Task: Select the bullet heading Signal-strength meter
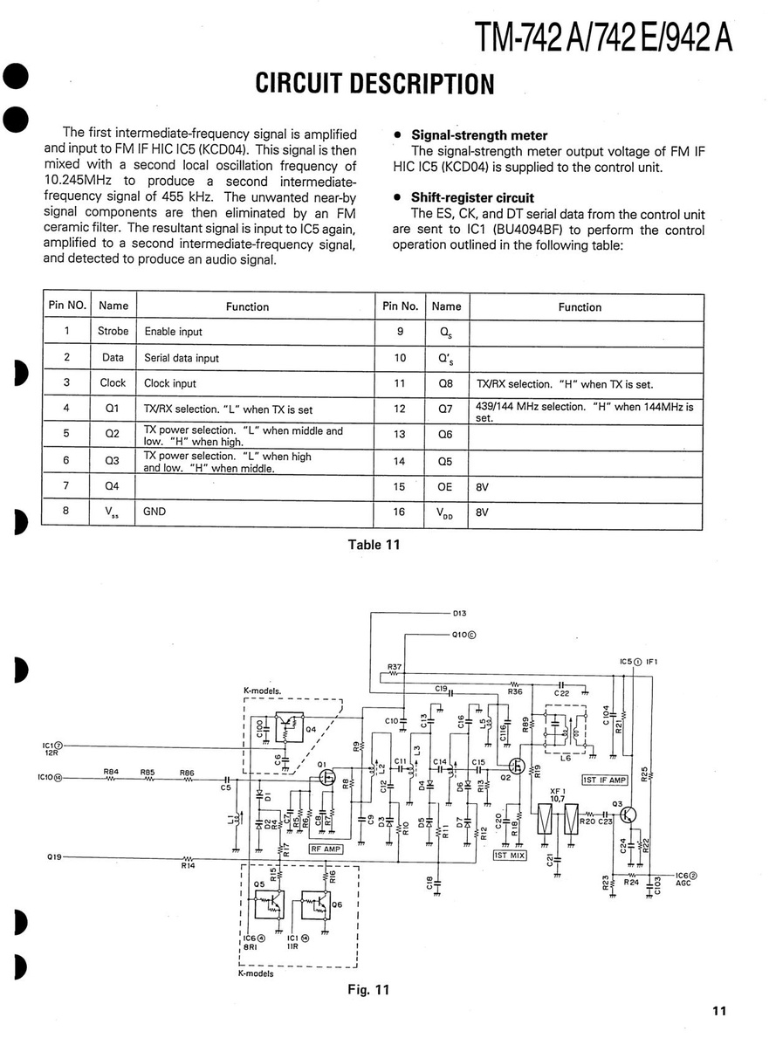[479, 135]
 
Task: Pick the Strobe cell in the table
[113, 332]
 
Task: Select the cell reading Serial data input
[182, 358]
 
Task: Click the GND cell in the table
[155, 512]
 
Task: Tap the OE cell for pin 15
[445, 488]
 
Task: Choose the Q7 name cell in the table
[445, 409]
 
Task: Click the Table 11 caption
[374, 545]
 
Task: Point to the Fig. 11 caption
[368, 989]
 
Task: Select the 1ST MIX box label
[512, 856]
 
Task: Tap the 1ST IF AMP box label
[605, 780]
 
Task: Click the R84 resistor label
[111, 771]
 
